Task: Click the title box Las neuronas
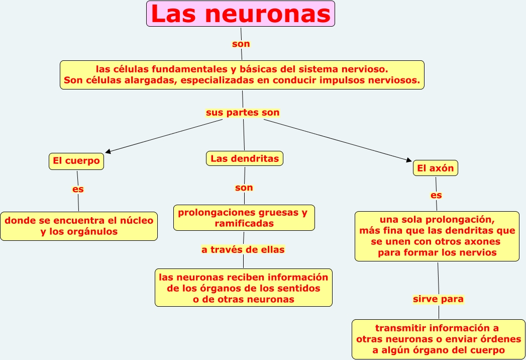[241, 14]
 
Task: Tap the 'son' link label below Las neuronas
[241, 44]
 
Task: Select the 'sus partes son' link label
[243, 113]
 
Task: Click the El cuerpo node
[76, 161]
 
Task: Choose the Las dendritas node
[245, 158]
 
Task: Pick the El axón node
[436, 168]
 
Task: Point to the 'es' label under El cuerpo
[78, 190]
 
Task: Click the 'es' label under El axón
[436, 195]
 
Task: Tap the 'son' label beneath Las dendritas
[244, 188]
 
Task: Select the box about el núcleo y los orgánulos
[79, 226]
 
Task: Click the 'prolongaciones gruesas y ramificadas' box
[244, 218]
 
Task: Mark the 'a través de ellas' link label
[243, 249]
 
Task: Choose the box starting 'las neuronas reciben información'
[244, 288]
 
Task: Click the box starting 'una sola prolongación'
[437, 236]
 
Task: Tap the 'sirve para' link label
[438, 299]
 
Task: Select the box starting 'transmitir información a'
[439, 339]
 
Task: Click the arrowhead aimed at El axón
[408, 160]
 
